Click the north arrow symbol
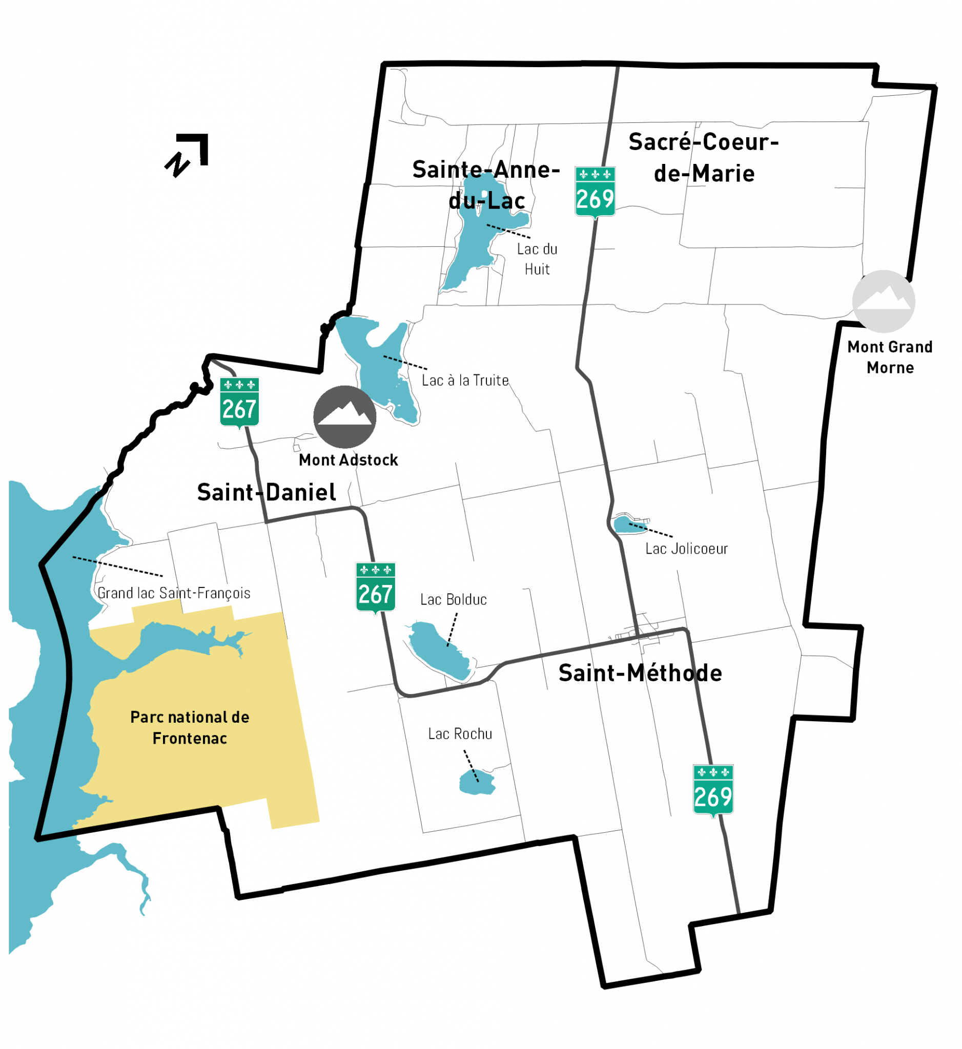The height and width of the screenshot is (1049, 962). click(x=188, y=155)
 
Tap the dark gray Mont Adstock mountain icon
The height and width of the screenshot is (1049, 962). click(x=344, y=416)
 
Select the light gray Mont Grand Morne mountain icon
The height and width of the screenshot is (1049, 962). click(x=884, y=301)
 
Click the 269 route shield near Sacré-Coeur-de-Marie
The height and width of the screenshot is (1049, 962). click(x=595, y=192)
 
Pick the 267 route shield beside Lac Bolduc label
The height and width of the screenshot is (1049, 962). click(x=375, y=588)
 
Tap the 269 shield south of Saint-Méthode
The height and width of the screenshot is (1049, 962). click(x=713, y=790)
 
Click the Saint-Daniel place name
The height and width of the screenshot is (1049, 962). click(x=267, y=492)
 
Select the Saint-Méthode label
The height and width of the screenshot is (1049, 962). click(x=640, y=674)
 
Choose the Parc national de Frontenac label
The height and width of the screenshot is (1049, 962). click(x=190, y=728)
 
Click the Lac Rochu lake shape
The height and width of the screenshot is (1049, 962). click(x=477, y=783)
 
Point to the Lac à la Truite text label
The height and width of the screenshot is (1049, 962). click(x=465, y=381)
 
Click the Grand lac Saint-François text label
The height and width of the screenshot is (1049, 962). click(x=174, y=593)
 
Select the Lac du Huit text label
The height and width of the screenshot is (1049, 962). click(x=537, y=259)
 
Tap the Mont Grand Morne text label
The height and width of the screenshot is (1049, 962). click(x=890, y=358)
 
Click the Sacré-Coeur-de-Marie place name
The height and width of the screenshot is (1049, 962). click(x=704, y=158)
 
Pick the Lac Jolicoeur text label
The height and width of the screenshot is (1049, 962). click(x=687, y=549)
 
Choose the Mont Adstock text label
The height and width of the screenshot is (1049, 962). click(x=348, y=460)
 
